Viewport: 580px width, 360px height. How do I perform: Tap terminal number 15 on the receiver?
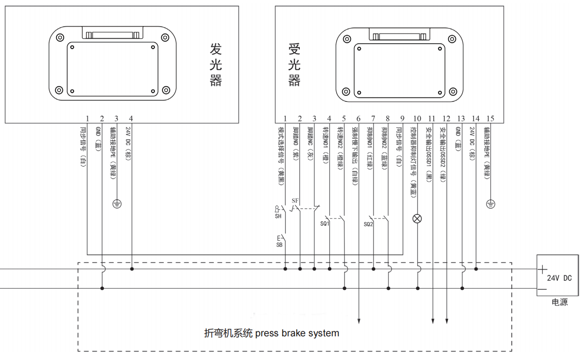(x=490, y=119)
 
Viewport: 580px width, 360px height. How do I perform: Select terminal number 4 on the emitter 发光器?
(x=131, y=119)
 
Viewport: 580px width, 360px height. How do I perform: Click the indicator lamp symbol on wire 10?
(x=417, y=219)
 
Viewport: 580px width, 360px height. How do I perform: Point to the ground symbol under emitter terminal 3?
(x=117, y=203)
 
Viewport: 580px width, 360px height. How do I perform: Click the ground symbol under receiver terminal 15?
(x=490, y=203)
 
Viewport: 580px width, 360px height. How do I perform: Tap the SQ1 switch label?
(x=324, y=223)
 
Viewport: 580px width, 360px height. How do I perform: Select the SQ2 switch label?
(x=368, y=224)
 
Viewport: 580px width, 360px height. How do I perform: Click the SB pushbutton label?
(x=279, y=244)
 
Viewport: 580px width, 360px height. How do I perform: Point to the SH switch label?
(x=278, y=216)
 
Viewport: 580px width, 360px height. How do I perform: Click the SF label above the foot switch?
(x=295, y=201)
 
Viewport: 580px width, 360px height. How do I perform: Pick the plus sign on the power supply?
(x=542, y=269)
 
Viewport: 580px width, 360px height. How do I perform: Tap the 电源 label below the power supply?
(x=559, y=302)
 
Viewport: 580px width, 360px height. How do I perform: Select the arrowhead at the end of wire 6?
(x=359, y=320)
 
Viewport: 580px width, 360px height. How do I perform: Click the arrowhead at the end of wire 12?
(x=447, y=320)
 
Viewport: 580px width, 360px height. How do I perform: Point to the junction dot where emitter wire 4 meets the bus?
(x=132, y=269)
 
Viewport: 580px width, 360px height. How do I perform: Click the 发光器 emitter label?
(x=216, y=64)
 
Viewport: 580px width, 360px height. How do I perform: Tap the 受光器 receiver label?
(x=294, y=64)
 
